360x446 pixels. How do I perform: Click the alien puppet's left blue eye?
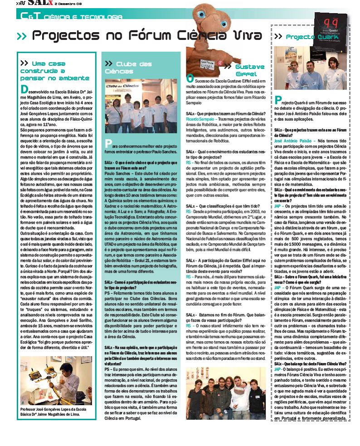coord(202,15)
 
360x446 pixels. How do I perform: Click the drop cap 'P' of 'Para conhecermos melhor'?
coord(108,144)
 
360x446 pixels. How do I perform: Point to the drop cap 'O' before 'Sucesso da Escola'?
coord(190,79)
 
